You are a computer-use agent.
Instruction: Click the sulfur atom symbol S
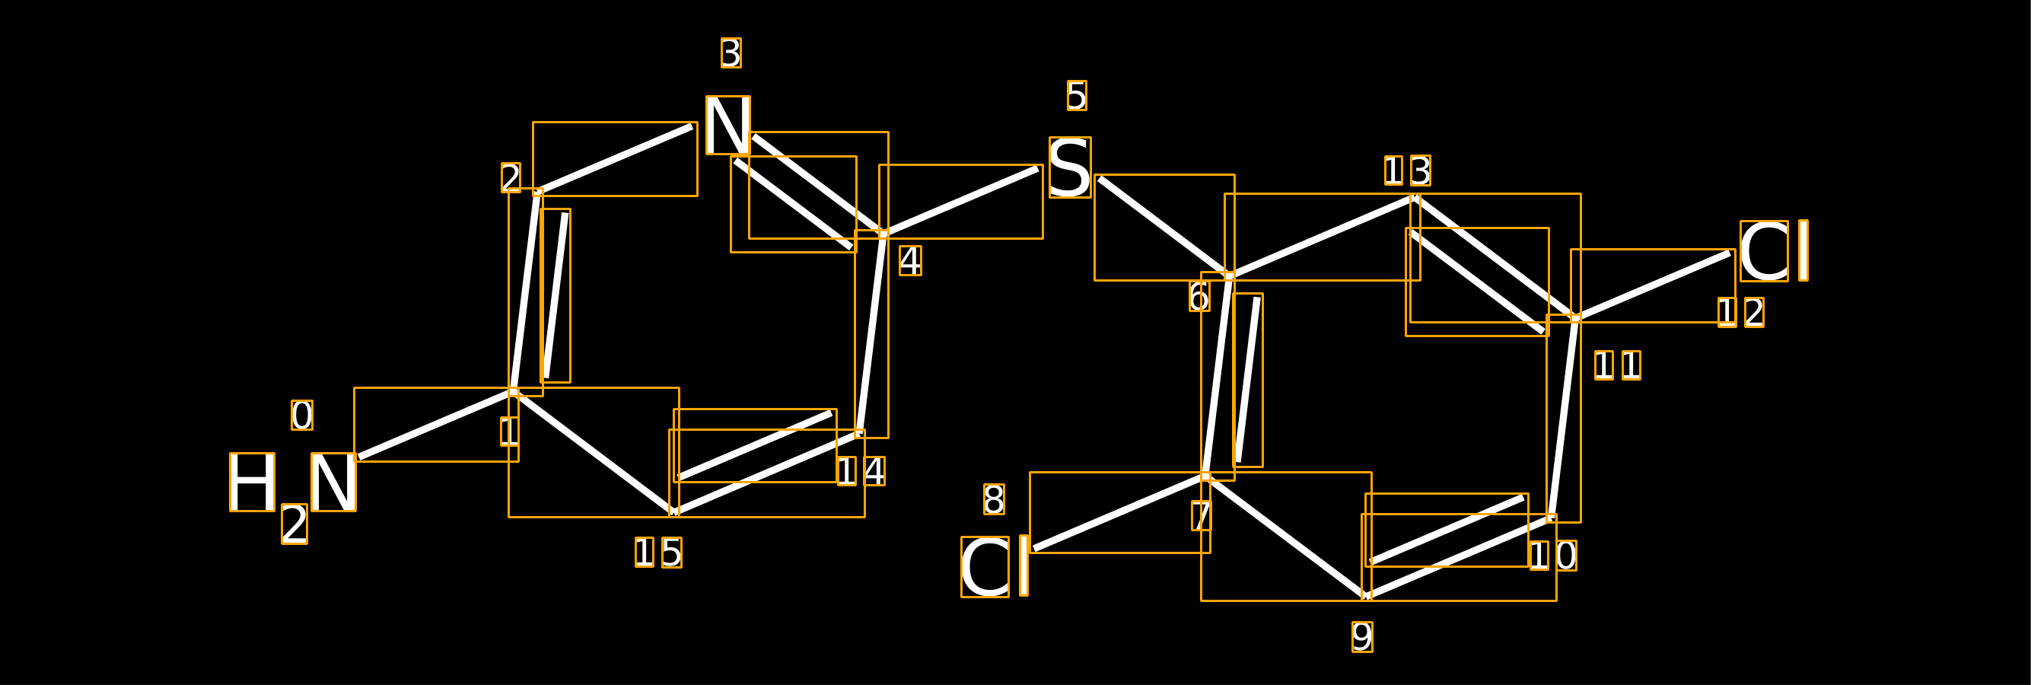[x=1070, y=167]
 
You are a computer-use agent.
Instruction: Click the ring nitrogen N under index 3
[x=727, y=126]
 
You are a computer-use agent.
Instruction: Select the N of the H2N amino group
[x=333, y=483]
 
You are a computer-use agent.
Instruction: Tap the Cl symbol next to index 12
[x=1774, y=250]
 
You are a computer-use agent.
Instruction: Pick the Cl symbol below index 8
[x=995, y=567]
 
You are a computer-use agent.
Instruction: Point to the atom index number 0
[x=302, y=416]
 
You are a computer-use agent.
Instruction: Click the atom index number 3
[x=731, y=53]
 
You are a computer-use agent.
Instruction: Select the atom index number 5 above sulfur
[x=1077, y=95]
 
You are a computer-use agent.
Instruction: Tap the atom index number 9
[x=1362, y=637]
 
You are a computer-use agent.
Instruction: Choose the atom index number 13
[x=1407, y=170]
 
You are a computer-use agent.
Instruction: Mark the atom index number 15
[x=658, y=553]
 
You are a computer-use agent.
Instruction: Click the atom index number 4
[x=911, y=261]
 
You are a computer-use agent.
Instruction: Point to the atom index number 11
[x=1618, y=365]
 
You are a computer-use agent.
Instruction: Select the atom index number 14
[x=861, y=471]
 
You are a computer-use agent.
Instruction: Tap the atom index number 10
[x=1553, y=556]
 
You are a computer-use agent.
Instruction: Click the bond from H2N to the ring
[x=436, y=424]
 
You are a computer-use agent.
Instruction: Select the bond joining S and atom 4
[x=961, y=201]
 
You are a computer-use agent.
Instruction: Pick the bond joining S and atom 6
[x=1164, y=227]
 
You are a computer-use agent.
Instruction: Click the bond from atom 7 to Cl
[x=1119, y=512]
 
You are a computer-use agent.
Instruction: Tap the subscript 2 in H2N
[x=294, y=524]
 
